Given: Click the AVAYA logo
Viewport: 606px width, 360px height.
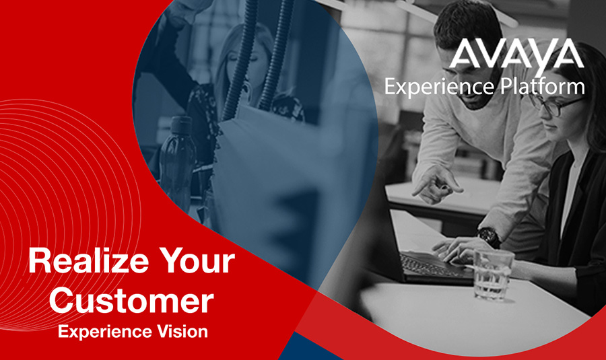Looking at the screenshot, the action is click(x=516, y=55).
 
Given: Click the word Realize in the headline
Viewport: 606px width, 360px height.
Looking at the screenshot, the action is click(x=88, y=261).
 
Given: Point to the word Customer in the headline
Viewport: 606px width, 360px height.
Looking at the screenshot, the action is click(x=131, y=301).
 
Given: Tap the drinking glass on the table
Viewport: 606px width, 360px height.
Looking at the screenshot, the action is click(x=493, y=275).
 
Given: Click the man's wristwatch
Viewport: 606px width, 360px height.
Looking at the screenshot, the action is click(x=489, y=236).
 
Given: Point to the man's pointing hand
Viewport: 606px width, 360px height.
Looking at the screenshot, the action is click(x=437, y=185).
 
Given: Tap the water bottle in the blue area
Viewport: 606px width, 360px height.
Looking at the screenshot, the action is click(x=178, y=162).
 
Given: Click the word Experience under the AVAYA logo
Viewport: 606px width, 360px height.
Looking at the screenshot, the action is click(x=440, y=87).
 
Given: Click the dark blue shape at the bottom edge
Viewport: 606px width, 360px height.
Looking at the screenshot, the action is click(x=309, y=348).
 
